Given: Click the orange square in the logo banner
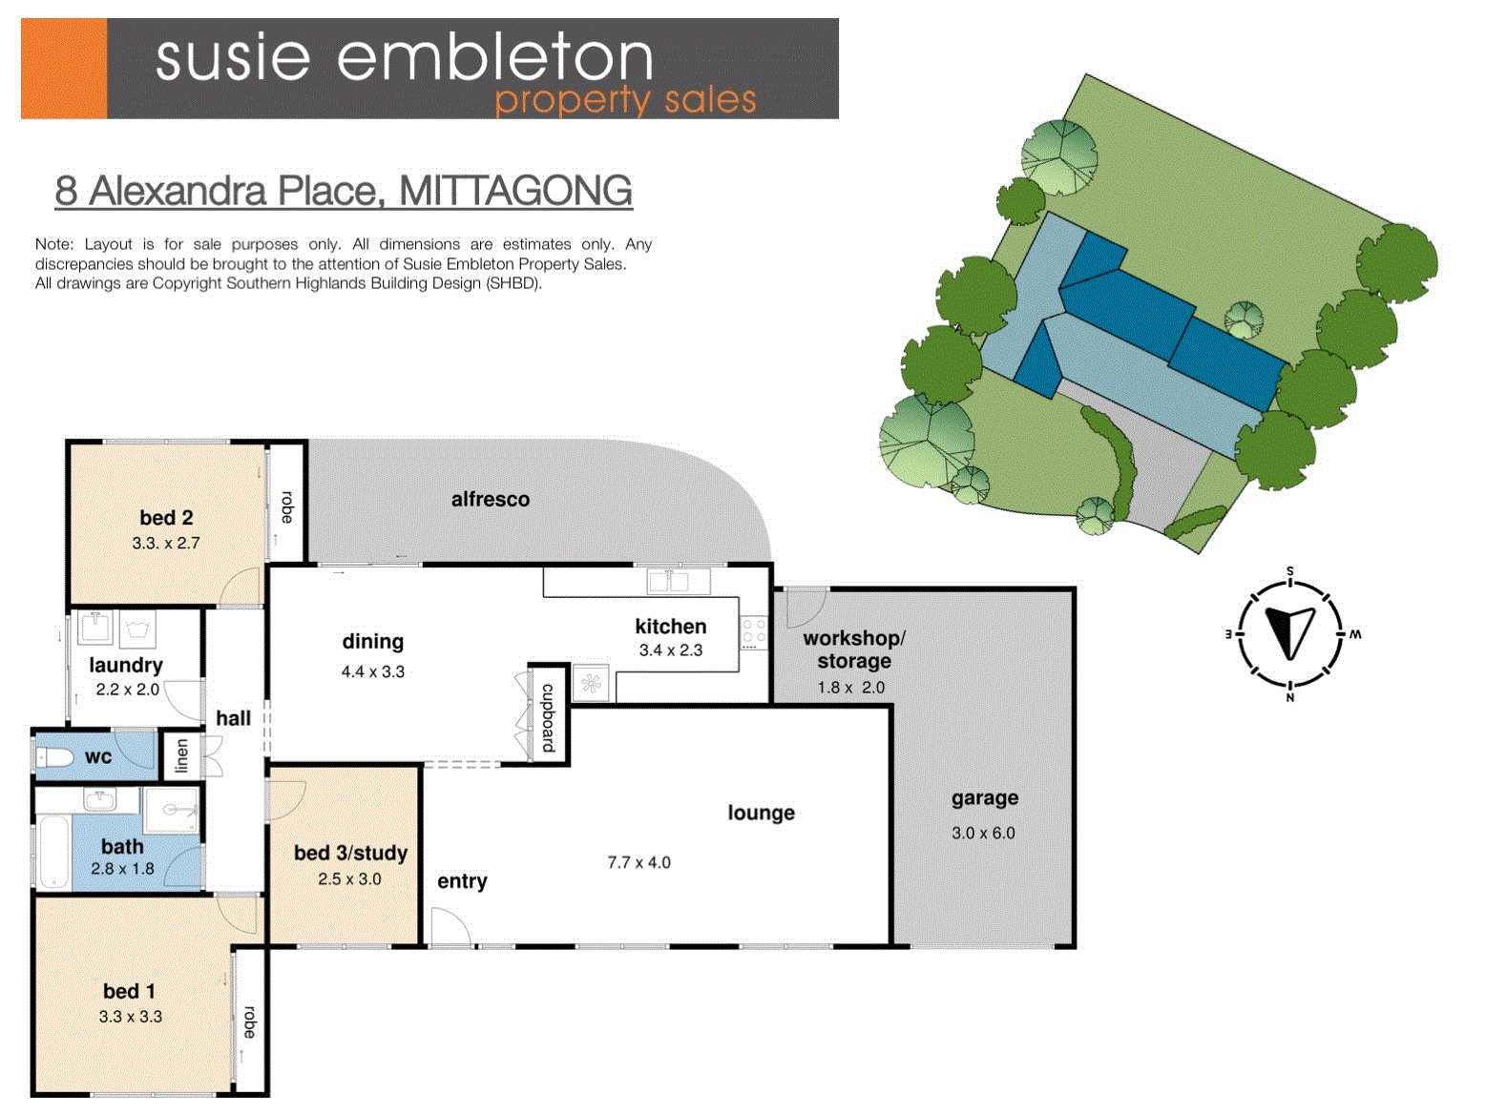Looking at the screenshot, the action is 64,69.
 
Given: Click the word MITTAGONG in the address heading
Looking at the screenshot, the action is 516,191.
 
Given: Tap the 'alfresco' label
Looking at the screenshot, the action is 491,499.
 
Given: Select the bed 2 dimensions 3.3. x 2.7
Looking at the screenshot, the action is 166,543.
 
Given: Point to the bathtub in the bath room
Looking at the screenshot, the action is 53,853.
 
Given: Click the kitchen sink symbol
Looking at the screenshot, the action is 679,582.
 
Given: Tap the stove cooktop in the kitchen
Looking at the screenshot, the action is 753,632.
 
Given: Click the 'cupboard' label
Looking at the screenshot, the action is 548,717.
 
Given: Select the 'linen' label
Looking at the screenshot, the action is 181,755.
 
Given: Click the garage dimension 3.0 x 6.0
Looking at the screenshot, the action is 983,833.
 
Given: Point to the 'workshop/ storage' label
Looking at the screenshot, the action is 853,650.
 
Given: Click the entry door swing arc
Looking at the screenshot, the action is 451,926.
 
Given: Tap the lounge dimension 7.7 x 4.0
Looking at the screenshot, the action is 639,862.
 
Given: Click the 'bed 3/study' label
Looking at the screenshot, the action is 350,853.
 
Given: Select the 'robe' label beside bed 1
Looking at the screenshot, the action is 250,1022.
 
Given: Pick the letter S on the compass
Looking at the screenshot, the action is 1289,571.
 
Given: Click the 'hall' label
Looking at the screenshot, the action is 234,717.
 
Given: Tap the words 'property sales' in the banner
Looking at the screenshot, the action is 625,100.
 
